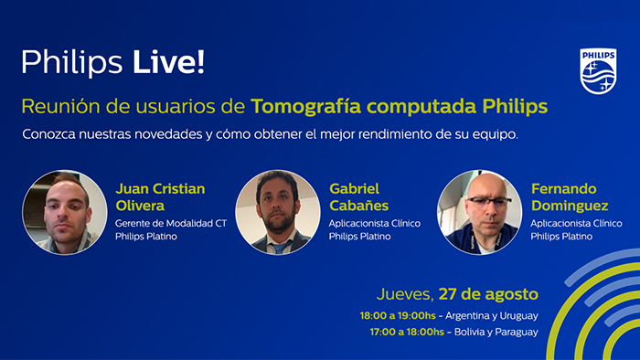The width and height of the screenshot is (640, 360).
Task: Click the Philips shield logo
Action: pos(598,69)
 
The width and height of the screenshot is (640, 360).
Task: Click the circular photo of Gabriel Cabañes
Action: pos(277,212)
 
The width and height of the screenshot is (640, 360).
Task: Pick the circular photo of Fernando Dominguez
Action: pos(479,212)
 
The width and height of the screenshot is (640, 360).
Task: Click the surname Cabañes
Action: pos(358,206)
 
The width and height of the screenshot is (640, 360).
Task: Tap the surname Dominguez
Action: pos(568,206)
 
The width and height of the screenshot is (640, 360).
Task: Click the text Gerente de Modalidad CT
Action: pos(170,222)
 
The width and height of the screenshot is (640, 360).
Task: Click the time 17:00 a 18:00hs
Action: pos(407,332)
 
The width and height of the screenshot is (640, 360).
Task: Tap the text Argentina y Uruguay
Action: pos(496,315)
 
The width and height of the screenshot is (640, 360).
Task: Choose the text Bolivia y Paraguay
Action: pos(496,332)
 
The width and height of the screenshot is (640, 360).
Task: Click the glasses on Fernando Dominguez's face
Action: pos(483,201)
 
